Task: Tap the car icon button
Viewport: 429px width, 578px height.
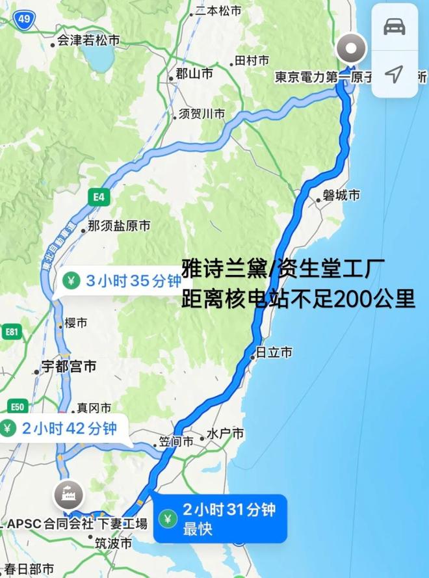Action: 395,27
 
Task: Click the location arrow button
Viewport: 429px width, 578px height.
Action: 395,73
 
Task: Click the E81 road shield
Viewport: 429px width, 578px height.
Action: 12,333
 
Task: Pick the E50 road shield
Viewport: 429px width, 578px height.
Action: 18,408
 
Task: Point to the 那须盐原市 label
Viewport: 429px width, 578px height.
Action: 118,226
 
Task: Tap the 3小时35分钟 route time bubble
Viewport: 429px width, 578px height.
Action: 114,281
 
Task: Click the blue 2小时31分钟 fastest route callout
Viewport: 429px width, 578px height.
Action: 220,518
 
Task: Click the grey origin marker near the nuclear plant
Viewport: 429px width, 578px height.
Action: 352,49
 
